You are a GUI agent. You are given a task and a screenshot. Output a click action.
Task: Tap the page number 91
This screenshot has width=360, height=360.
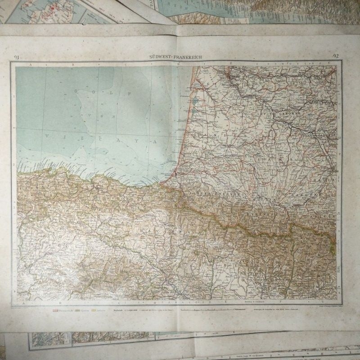[x=17, y=57]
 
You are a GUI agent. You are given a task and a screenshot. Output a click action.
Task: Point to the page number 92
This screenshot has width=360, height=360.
[x=336, y=56]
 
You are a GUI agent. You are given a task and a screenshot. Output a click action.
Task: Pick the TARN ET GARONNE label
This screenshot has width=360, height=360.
[x=318, y=134]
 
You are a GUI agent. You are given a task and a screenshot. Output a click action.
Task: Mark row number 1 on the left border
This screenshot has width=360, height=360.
[x=14, y=95]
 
